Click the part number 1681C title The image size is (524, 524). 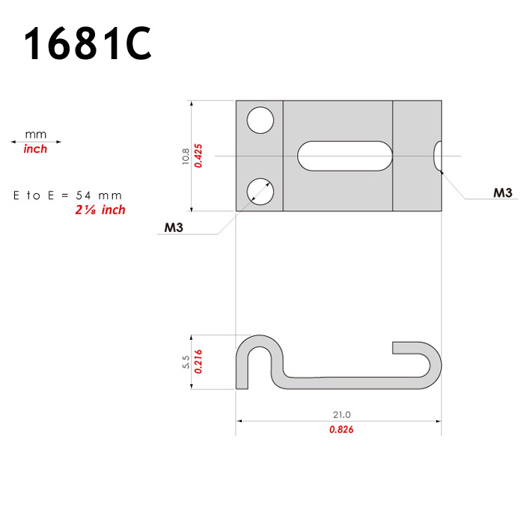point(88,43)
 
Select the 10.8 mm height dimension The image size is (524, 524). point(186,156)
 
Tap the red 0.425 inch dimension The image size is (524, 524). point(198,156)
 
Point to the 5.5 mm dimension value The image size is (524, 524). point(186,362)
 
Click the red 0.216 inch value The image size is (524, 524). point(198,362)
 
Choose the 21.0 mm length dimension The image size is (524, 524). point(341,415)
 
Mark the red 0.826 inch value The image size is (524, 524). point(341,430)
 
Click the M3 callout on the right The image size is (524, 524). point(502,193)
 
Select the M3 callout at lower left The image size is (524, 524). point(174,228)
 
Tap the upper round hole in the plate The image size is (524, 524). point(261,121)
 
